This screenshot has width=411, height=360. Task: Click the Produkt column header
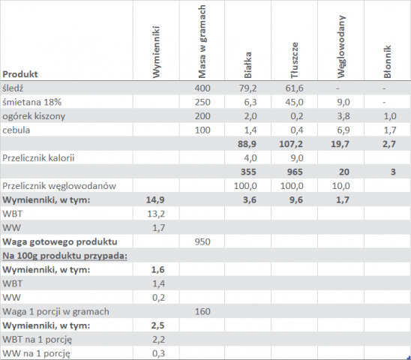(20, 74)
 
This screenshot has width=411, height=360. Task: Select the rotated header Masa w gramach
(202, 42)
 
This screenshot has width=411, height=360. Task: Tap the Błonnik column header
(387, 62)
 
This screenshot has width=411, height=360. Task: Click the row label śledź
(13, 88)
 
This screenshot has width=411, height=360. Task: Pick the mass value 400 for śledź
(202, 88)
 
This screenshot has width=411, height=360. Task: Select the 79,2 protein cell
(247, 88)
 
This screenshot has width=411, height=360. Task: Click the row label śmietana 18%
(32, 102)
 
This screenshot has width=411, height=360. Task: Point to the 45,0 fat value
(294, 102)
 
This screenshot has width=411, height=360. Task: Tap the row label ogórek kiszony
(34, 116)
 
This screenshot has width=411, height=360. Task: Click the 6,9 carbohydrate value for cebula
(343, 130)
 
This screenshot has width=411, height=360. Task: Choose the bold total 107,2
(291, 144)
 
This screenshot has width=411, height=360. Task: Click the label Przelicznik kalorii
(38, 158)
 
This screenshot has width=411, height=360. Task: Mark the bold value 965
(295, 172)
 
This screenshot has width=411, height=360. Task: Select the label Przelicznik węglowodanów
(59, 186)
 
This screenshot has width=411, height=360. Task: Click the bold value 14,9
(155, 200)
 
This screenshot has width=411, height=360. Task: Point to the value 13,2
(156, 214)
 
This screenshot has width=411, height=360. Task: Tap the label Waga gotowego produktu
(60, 241)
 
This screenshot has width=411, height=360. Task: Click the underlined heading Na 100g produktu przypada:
(64, 256)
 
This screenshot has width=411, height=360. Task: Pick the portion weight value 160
(202, 311)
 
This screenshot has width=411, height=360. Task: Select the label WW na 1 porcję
(37, 353)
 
